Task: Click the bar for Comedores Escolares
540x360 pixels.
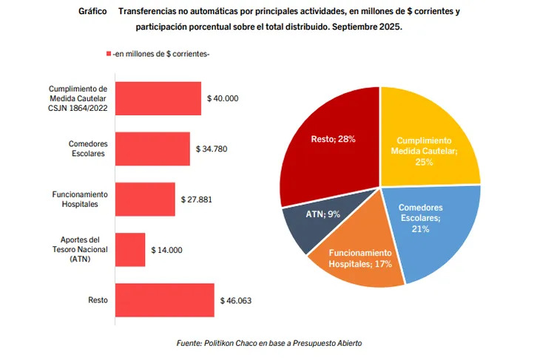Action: click(x=152, y=149)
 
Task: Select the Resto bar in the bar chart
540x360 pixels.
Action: click(x=164, y=300)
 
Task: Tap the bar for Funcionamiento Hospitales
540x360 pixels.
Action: click(x=145, y=199)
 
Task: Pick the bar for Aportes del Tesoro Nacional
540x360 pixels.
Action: click(x=130, y=250)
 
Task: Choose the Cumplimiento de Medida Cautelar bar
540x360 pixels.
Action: click(x=158, y=98)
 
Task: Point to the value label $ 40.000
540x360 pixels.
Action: click(x=223, y=98)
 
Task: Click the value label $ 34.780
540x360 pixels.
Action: click(x=212, y=149)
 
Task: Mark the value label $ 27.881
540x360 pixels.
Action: click(x=197, y=199)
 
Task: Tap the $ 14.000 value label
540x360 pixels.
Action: click(x=166, y=250)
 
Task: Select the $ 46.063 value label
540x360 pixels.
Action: click(x=236, y=300)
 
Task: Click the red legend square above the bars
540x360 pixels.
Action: click(x=109, y=54)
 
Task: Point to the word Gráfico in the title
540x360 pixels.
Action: click(x=92, y=13)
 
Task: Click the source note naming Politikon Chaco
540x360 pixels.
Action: click(x=269, y=344)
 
